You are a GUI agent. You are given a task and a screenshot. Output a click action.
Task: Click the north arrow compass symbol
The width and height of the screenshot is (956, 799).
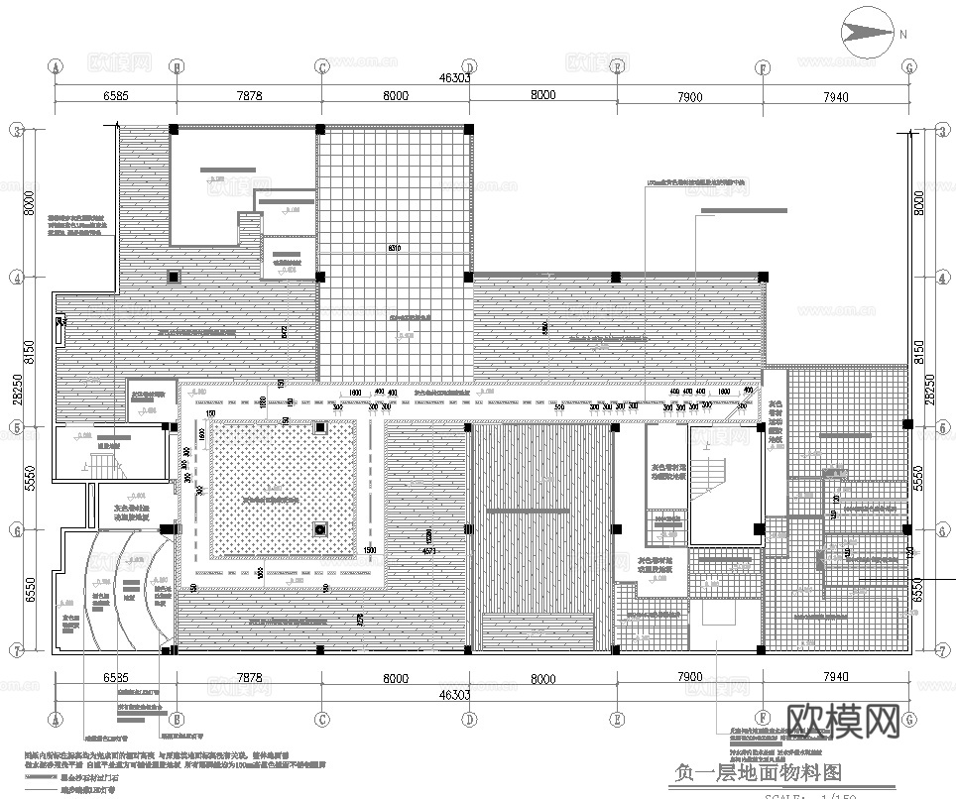click(x=868, y=35)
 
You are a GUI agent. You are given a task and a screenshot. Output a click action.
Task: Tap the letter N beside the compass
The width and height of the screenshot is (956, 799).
click(x=904, y=35)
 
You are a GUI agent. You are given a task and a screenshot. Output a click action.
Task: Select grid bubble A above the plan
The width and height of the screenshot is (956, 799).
click(x=56, y=67)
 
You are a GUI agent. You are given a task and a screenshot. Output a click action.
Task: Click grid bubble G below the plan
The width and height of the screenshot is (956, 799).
click(x=909, y=719)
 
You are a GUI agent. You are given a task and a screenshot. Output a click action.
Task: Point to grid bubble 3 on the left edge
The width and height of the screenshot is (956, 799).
click(x=17, y=130)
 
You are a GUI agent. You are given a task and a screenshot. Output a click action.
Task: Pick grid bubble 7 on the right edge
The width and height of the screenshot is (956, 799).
click(x=939, y=650)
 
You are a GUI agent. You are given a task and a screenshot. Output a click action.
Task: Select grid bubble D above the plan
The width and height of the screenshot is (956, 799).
click(x=469, y=67)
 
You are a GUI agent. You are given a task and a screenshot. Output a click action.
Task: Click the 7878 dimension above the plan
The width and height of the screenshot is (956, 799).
click(x=249, y=96)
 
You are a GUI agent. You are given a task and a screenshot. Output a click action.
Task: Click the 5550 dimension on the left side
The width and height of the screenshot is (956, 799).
click(x=30, y=479)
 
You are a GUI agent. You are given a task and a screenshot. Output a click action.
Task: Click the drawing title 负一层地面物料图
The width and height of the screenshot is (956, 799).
click(x=758, y=772)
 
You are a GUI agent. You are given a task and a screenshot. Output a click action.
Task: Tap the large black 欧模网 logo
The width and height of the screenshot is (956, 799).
click(x=842, y=721)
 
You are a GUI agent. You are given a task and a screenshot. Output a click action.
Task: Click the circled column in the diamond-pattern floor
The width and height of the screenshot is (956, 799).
click(x=320, y=529)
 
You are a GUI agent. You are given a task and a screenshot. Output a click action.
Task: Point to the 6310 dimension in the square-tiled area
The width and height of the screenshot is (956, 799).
click(x=395, y=247)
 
